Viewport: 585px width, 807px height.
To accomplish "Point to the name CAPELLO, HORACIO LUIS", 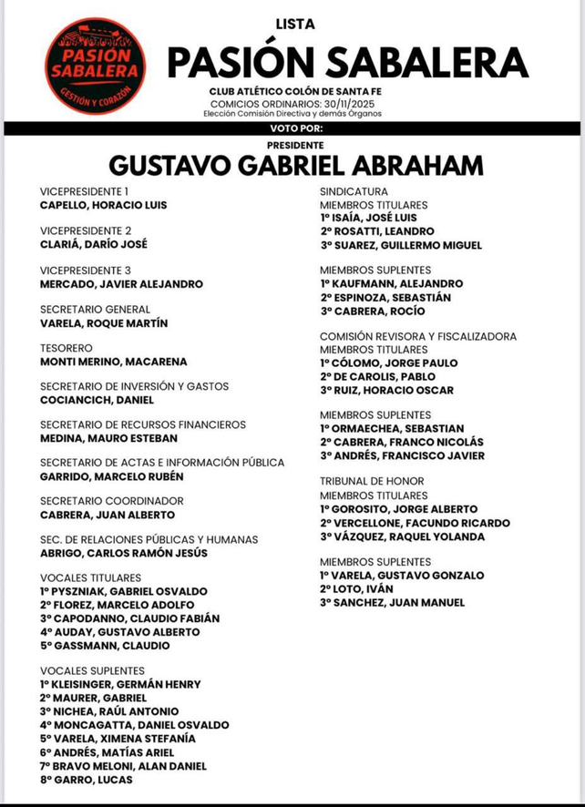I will click(x=104, y=205).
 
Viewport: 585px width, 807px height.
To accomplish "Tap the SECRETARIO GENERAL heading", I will click(x=96, y=309).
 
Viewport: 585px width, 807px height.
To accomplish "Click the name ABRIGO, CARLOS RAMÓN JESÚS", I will click(x=124, y=553).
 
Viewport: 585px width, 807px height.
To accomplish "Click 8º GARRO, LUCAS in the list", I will click(x=87, y=780).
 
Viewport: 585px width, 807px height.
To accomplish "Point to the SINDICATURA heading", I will click(x=354, y=191).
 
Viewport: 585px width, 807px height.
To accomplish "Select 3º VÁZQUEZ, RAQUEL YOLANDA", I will click(x=403, y=537).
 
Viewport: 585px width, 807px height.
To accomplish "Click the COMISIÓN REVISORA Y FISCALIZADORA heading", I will click(x=418, y=336).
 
